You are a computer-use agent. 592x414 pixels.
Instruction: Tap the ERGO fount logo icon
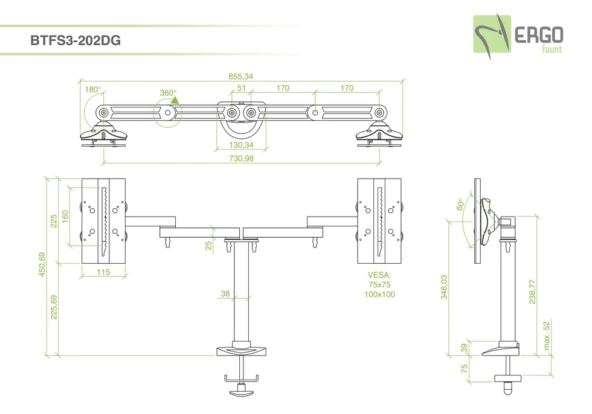[491, 34]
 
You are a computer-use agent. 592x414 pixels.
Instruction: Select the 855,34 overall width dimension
[240, 76]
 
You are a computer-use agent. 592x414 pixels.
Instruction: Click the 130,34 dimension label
[240, 145]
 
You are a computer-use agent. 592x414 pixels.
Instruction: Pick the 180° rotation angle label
[92, 89]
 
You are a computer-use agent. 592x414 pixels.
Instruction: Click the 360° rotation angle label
[169, 93]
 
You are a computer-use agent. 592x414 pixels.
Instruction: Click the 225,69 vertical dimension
[54, 307]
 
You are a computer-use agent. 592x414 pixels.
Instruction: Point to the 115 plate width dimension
[103, 273]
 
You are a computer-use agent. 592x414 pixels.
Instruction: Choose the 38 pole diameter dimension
[225, 294]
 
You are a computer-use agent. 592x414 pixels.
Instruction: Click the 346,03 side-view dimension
[445, 287]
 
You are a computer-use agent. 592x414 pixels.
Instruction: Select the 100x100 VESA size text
[379, 294]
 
